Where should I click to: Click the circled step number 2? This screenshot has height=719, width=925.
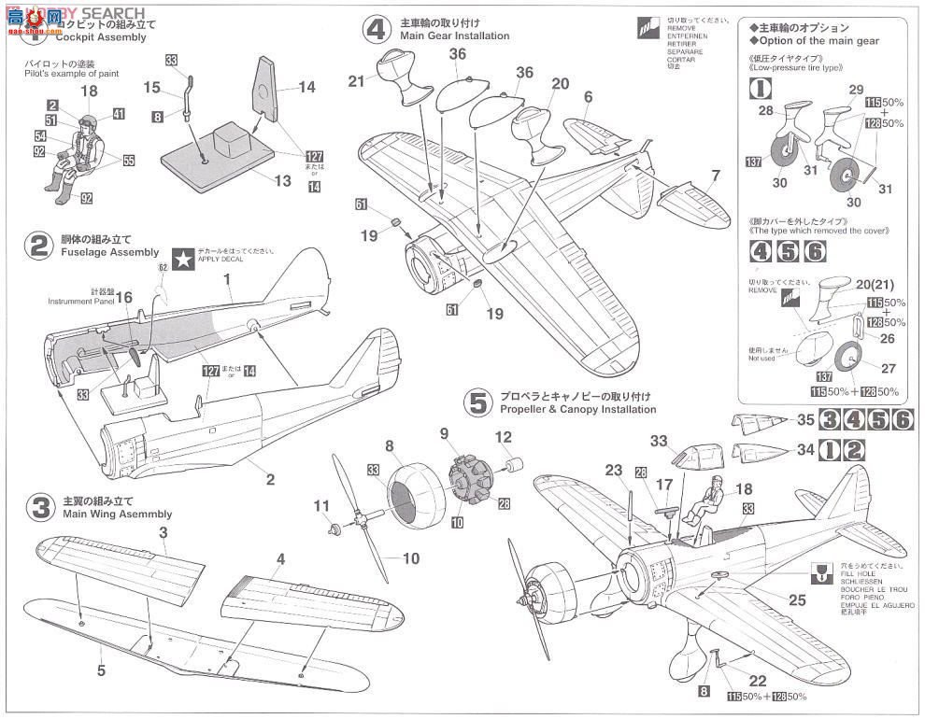pyautogui.click(x=39, y=246)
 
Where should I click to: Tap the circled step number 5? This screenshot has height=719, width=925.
pyautogui.click(x=478, y=402)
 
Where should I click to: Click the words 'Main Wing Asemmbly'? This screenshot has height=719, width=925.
pyautogui.click(x=118, y=514)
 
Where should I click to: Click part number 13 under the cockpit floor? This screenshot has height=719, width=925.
pyautogui.click(x=283, y=180)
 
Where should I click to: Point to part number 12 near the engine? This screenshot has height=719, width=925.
pyautogui.click(x=503, y=436)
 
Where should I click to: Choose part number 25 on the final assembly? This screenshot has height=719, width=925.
pyautogui.click(x=795, y=599)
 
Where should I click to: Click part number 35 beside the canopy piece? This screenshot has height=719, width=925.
pyautogui.click(x=806, y=419)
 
